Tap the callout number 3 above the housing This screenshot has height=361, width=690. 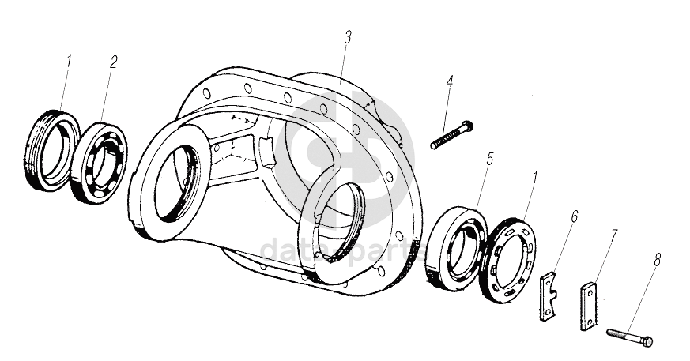(x=348, y=37)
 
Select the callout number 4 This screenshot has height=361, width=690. (x=450, y=81)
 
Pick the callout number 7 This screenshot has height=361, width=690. (x=614, y=235)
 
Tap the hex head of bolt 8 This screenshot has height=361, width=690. (x=647, y=342)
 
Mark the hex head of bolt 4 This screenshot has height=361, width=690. (x=466, y=126)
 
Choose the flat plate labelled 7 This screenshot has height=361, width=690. (x=590, y=307)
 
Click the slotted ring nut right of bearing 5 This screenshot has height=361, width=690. (x=510, y=258)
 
